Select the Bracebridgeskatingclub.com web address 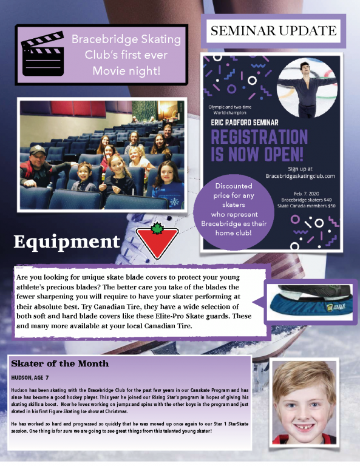(301, 176)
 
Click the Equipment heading (67, 241)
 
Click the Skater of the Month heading (60, 363)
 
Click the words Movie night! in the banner (126, 71)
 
